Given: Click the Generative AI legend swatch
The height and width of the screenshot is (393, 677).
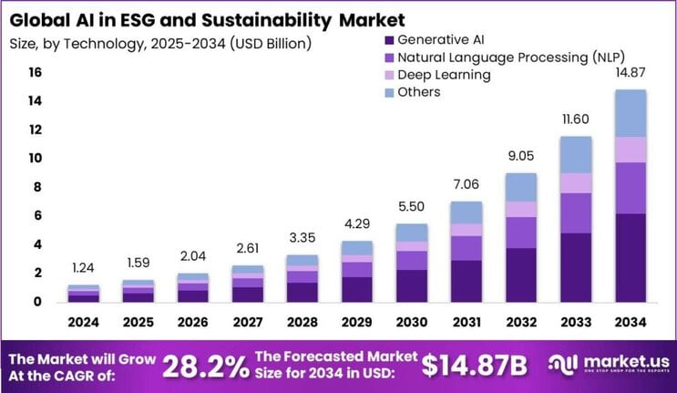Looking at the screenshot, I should tap(389, 40).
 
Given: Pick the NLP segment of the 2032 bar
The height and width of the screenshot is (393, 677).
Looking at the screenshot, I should tap(521, 233).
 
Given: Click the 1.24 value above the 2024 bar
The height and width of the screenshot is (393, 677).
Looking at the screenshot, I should tap(84, 269).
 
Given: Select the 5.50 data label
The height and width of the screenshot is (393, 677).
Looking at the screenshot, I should tap(412, 207).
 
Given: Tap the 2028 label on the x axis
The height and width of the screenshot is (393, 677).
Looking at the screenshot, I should tap(303, 321).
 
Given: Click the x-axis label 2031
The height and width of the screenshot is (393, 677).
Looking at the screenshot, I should tap(467, 321).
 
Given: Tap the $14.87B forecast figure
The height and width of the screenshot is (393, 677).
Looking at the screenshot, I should tap(475, 365).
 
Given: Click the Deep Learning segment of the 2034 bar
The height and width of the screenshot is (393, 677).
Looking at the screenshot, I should tap(630, 150).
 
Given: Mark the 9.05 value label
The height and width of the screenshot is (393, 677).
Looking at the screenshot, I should tap(521, 156).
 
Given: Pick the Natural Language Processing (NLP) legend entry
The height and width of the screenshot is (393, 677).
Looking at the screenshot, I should tap(491, 57).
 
